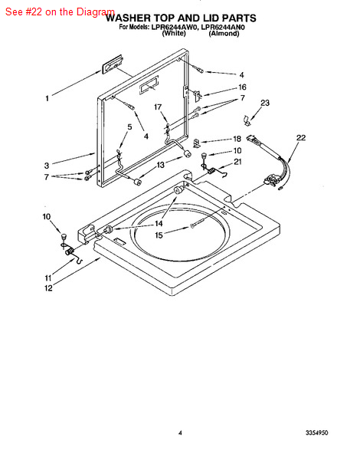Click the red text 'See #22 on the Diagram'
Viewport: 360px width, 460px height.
click(x=60, y=12)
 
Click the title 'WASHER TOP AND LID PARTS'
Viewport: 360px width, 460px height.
click(x=181, y=18)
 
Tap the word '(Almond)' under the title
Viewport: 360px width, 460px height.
click(x=224, y=34)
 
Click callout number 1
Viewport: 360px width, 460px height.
click(x=47, y=98)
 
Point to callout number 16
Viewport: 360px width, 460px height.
click(x=242, y=87)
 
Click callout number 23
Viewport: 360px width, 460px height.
click(x=265, y=103)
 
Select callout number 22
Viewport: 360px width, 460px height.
click(x=301, y=137)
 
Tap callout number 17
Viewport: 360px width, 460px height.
click(x=158, y=107)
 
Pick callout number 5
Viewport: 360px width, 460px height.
click(x=129, y=127)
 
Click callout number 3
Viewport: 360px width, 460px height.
click(x=47, y=166)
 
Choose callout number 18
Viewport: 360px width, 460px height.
click(x=237, y=139)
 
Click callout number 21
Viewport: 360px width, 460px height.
click(x=237, y=162)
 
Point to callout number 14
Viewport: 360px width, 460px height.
click(x=159, y=224)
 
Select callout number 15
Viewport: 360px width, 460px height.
click(x=159, y=235)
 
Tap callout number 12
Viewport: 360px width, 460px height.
click(x=48, y=288)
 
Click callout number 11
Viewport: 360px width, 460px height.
click(x=48, y=278)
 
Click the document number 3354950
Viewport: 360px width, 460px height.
click(x=317, y=432)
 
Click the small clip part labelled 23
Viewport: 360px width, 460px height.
click(x=247, y=120)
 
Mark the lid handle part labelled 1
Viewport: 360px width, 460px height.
click(x=112, y=64)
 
